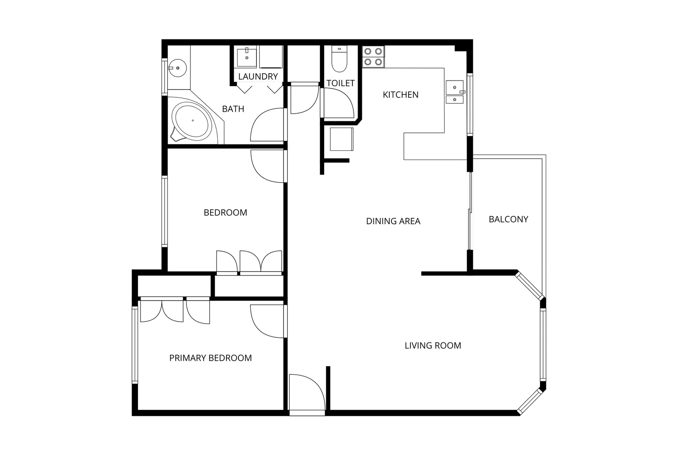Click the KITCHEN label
tap(400, 95)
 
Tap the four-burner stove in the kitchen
tap(373, 57)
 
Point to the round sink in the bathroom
tap(177, 68)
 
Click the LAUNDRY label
tap(258, 77)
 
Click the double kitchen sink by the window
tap(454, 92)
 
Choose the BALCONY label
tap(508, 219)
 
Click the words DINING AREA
tap(393, 221)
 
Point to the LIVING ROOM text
tap(433, 346)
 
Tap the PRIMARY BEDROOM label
tap(210, 358)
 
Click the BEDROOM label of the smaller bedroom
tap(225, 213)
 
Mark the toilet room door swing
tap(338, 103)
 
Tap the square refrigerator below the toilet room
tap(341, 139)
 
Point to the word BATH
tap(233, 109)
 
